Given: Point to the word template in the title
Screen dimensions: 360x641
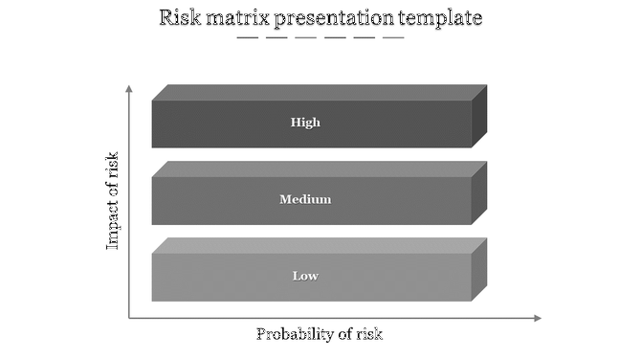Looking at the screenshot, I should click(441, 19).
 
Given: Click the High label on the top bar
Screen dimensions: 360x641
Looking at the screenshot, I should click(305, 123).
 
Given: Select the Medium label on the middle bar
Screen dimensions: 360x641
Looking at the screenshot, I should click(305, 200).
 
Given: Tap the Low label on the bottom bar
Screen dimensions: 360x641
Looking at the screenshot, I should click(305, 277).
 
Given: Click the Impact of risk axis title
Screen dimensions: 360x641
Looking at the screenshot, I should click(113, 201).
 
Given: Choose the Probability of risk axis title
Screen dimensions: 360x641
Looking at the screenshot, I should click(319, 334).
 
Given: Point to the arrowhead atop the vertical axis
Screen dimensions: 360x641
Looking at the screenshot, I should click(129, 89).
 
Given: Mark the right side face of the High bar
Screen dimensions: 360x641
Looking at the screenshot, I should click(479, 116).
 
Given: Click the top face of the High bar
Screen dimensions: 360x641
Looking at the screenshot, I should click(320, 92).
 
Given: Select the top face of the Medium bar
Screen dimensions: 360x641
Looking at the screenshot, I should click(320, 169).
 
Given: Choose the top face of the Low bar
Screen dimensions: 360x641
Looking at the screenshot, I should click(320, 245).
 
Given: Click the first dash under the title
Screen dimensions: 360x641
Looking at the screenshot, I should click(248, 38).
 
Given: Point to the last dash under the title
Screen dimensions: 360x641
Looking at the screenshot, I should click(393, 38).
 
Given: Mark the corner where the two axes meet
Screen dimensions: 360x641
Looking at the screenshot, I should click(129, 318).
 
